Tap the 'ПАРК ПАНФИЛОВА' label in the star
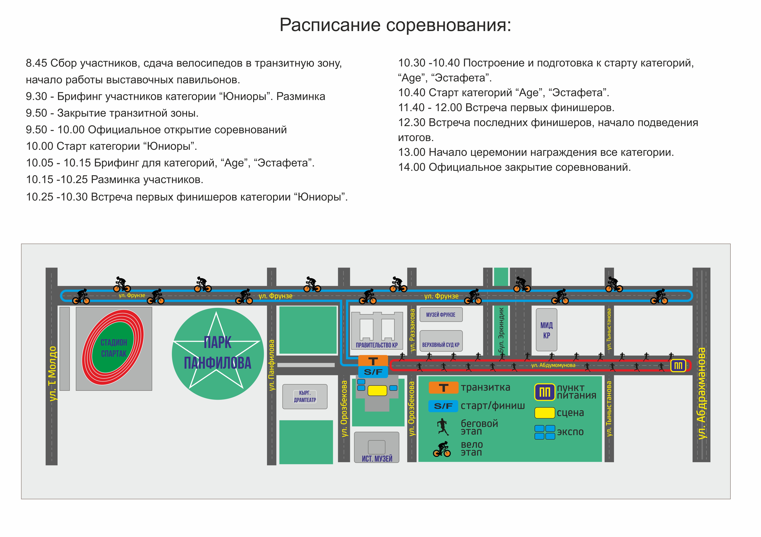(217, 353)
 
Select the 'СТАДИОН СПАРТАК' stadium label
(114, 348)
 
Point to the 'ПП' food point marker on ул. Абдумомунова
(678, 366)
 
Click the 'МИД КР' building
(546, 330)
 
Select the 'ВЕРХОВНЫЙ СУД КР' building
(441, 345)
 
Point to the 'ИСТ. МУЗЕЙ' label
(377, 458)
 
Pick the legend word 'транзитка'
(485, 387)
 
